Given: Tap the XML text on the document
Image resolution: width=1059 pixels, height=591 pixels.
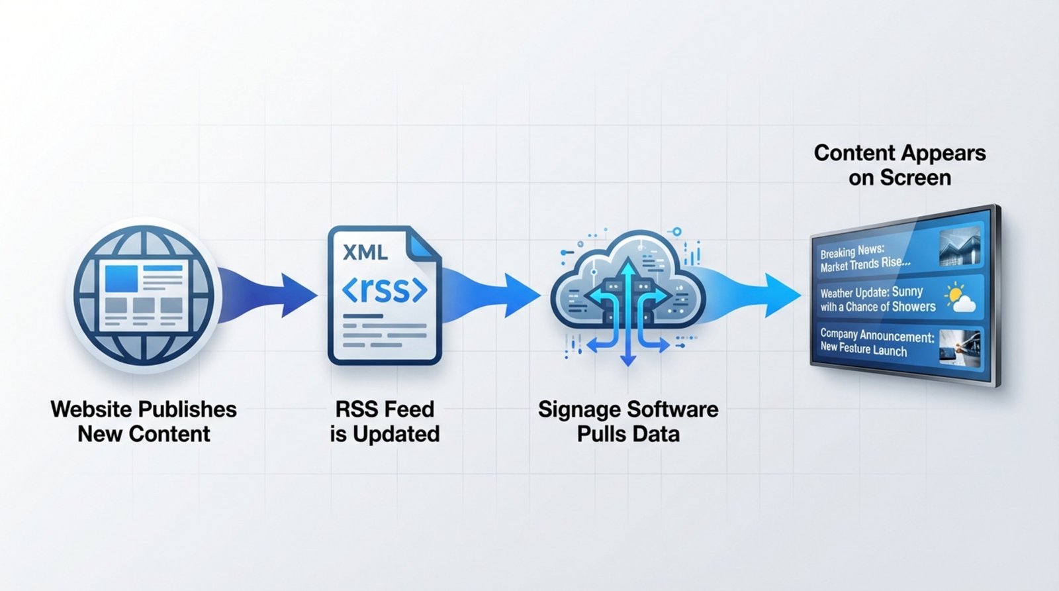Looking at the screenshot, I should pos(365,252).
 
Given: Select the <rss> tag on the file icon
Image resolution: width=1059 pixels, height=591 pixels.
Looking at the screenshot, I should pos(385,290).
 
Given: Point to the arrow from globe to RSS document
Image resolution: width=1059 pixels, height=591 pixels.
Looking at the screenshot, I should pos(271,292).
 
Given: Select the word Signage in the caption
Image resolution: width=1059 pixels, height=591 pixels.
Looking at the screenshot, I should pos(578,409).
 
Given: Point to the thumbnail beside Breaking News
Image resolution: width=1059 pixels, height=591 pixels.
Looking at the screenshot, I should pos(960,247).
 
